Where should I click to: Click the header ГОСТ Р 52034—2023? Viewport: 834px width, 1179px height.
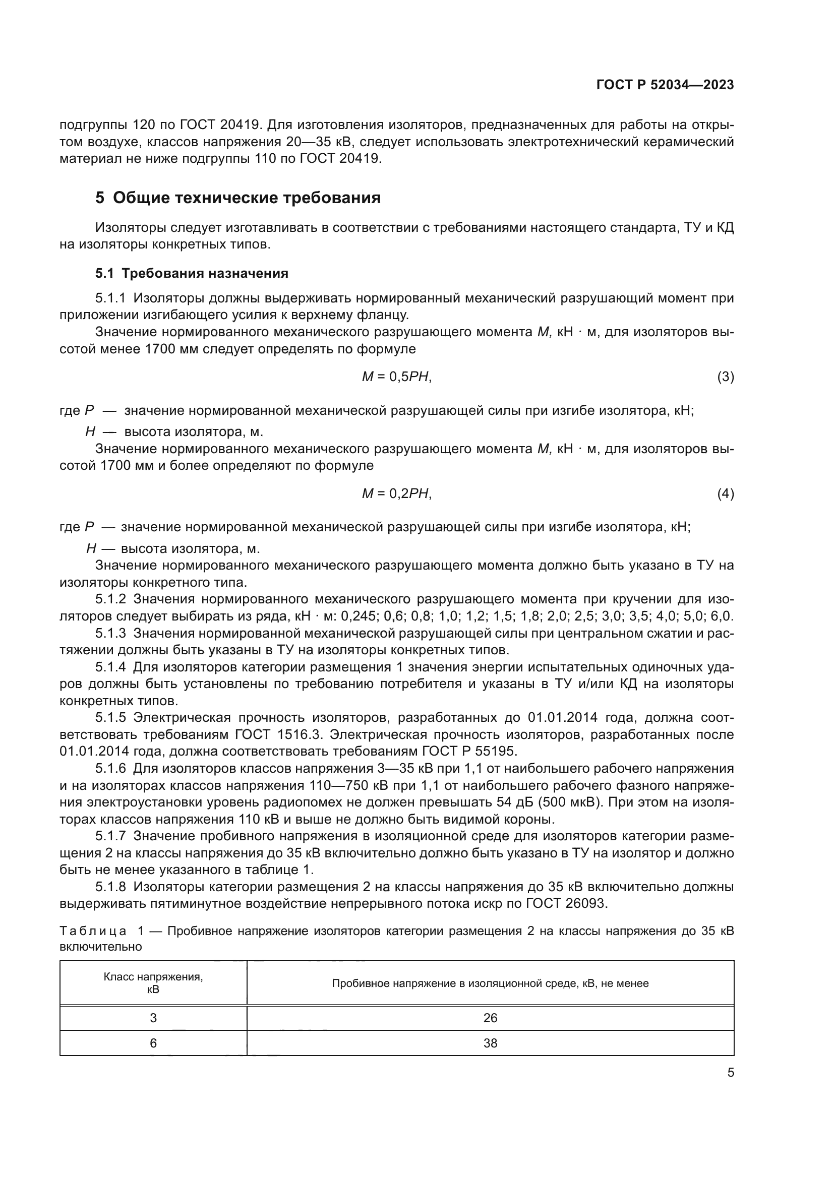pos(665,85)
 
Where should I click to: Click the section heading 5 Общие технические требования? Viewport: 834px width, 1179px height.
pos(238,198)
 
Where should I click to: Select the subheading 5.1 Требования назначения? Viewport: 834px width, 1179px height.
pos(192,273)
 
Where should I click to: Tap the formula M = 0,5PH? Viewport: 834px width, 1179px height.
pos(396,377)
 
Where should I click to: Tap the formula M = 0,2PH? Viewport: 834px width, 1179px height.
pos(396,493)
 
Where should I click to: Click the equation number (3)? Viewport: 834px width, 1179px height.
pos(725,377)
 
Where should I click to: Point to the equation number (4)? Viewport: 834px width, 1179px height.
pos(725,493)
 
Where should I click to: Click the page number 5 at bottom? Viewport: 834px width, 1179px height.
pos(730,1072)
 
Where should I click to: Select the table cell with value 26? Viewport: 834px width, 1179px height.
pos(490,1018)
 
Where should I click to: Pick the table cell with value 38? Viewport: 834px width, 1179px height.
pos(490,1043)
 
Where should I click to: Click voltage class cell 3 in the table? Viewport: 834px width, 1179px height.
pos(153,1018)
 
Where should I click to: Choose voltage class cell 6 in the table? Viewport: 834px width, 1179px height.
pos(153,1043)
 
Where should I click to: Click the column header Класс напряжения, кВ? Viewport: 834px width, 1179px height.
pos(153,983)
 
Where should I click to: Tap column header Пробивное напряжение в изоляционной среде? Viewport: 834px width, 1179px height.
pos(490,983)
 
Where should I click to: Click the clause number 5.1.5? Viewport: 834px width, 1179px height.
pos(110,717)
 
